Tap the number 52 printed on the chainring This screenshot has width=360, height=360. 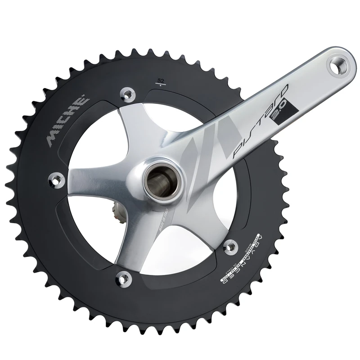point(160,81)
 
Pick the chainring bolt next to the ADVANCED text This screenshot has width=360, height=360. point(231,246)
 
